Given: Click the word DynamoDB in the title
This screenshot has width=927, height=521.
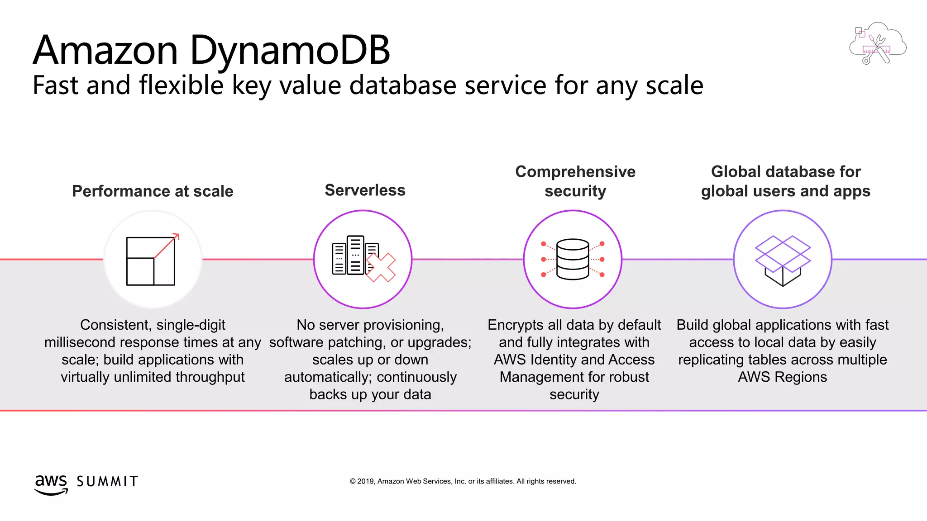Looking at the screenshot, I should (290, 51).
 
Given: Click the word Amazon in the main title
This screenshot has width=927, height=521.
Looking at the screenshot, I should (105, 51).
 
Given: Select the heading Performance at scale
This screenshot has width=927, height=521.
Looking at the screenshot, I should (153, 191).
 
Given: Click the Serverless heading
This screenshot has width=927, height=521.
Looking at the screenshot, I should (365, 190).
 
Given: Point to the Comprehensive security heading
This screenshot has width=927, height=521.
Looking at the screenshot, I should (575, 181).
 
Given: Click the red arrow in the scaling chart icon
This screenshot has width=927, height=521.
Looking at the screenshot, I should (167, 246).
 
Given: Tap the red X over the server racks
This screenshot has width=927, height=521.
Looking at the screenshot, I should (381, 268).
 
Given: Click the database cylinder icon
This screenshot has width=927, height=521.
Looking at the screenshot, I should (573, 259).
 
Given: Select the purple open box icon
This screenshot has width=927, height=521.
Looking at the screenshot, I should (783, 260).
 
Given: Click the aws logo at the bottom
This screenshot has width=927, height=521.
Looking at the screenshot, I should (51, 484).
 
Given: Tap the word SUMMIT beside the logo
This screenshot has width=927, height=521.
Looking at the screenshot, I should (107, 482).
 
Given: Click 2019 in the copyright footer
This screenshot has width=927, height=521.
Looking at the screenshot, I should (366, 482).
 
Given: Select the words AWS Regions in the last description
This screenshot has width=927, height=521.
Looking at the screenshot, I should (782, 377).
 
